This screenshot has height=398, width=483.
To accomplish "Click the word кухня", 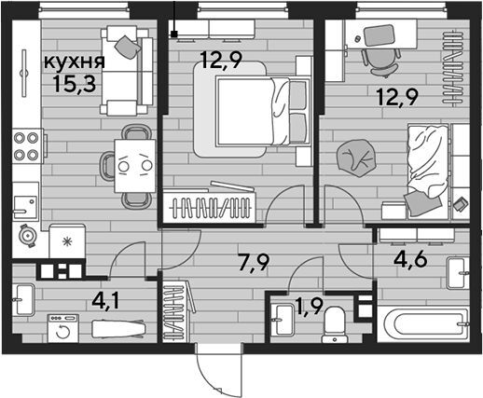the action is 75,62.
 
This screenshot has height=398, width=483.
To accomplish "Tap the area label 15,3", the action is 74,84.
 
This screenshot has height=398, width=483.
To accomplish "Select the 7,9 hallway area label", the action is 253,263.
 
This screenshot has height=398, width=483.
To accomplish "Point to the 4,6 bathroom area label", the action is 410,259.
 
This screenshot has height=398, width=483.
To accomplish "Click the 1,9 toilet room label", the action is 309,307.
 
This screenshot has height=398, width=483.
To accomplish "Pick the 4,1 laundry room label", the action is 105,301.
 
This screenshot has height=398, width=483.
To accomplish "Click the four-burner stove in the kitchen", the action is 28,145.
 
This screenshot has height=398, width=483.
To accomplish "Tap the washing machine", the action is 63,328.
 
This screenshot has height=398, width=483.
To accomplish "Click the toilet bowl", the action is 334,324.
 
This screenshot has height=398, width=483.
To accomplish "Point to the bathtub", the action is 422,324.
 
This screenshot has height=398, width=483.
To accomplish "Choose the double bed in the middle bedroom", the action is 264,112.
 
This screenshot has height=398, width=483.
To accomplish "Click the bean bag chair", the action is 355,158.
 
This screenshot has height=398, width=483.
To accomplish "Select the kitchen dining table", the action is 135,166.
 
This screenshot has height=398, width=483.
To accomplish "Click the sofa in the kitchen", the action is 127,71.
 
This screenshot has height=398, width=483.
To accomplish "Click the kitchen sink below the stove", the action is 25,202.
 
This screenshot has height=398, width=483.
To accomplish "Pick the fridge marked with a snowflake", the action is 67,241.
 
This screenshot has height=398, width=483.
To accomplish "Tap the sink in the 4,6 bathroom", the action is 458,273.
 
